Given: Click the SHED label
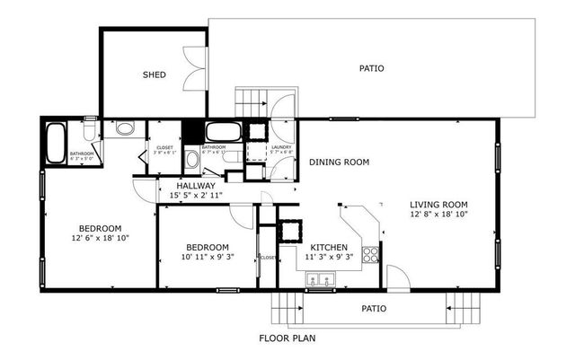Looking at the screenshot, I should point(154,75).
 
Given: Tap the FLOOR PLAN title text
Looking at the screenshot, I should point(287,339).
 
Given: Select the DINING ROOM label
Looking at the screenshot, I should point(340,162).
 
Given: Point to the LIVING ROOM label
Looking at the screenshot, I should point(439,204).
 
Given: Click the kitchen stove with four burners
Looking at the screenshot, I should point(368,254).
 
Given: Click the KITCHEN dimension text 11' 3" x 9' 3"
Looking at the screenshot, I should point(329,257).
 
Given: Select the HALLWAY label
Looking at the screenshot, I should point(196,186).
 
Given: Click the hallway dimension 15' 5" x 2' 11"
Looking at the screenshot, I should point(196,195).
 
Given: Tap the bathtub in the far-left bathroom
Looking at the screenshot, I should point(56,141).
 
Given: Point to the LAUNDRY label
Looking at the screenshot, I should point(281,147).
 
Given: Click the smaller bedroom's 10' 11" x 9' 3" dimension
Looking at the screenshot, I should point(208,258).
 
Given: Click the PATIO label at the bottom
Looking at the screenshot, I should point(374,308).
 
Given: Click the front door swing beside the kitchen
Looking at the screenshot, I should point(396,276).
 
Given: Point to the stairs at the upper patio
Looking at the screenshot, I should point(251,101).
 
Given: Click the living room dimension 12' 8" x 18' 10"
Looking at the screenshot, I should point(439,214).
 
